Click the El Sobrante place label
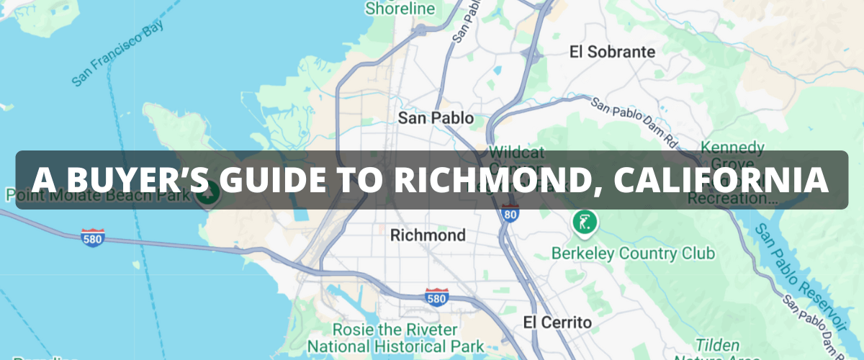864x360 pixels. pos(612,52)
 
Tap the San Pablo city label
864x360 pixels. pos(436,118)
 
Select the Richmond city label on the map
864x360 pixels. pos(427,235)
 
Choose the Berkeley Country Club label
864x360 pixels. pos(633,253)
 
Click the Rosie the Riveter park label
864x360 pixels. pos(395,337)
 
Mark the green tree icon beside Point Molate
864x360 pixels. pos(209,193)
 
